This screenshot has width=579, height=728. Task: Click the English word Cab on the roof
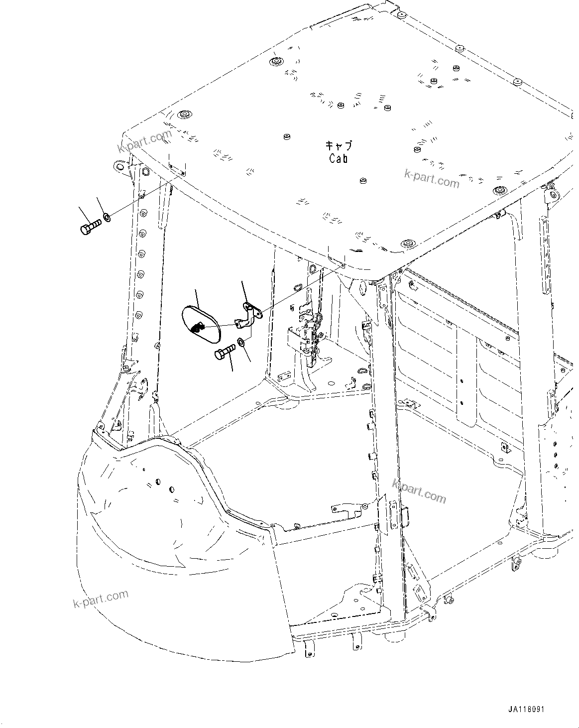(x=339, y=158)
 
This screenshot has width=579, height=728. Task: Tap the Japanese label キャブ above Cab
(x=339, y=145)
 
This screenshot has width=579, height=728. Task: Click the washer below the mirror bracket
(x=241, y=342)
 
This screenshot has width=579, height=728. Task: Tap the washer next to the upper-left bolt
(x=107, y=218)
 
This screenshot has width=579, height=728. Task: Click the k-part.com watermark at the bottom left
(x=101, y=599)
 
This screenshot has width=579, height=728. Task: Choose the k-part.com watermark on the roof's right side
(x=432, y=178)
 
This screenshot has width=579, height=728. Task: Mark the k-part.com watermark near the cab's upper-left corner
(x=144, y=141)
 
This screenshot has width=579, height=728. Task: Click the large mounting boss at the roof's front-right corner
(x=409, y=243)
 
